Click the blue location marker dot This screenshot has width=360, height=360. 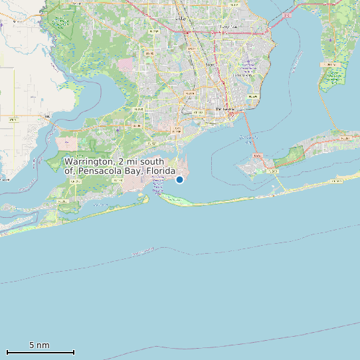coord(179,179)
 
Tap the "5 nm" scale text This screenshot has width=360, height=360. coord(39,345)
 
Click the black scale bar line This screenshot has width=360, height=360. coord(40,352)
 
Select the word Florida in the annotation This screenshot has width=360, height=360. coord(165,171)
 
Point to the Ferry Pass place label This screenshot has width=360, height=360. coord(230,26)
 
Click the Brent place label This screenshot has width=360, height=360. coord(210,64)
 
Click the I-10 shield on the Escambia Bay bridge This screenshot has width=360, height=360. coord(288,15)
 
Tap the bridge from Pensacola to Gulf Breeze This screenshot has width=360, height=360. coord(247,133)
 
